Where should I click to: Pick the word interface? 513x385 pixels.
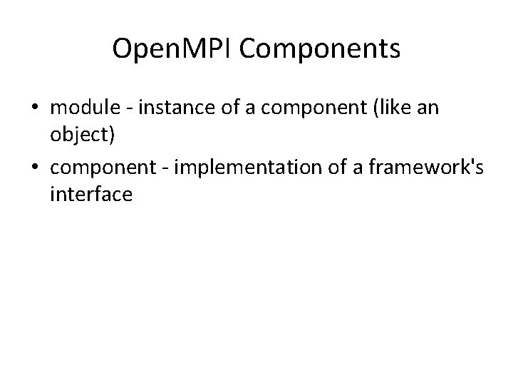tap(92, 194)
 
